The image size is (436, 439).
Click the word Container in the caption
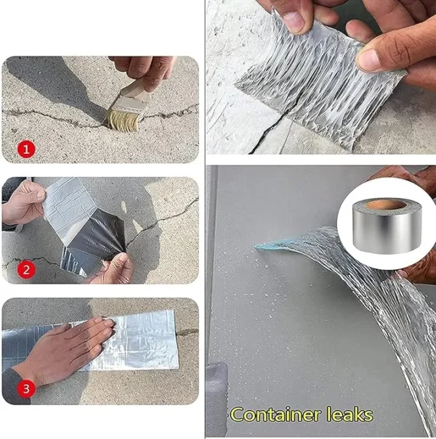click(x=275, y=415)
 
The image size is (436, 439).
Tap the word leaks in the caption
click(x=348, y=415)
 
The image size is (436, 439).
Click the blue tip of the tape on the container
click(x=263, y=247)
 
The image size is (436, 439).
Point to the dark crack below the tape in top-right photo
click(x=258, y=138)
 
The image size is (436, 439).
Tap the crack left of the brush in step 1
click(x=51, y=114)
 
